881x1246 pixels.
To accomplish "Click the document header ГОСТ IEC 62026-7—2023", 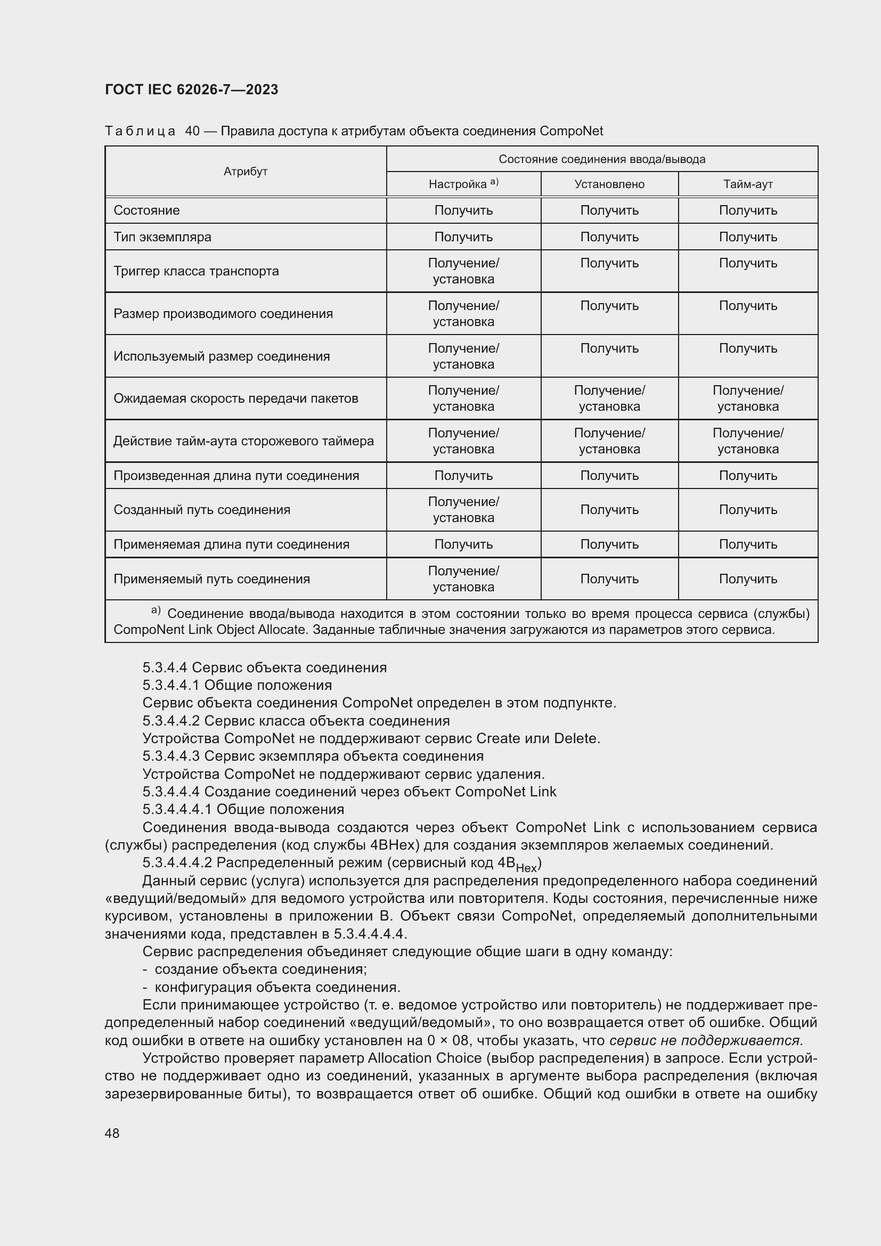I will click(x=191, y=89).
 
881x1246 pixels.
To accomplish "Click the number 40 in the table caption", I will click(x=192, y=131).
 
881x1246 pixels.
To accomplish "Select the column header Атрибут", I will click(x=245, y=172).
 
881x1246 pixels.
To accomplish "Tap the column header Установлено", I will click(x=609, y=184).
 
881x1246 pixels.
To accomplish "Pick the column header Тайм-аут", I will click(x=747, y=184).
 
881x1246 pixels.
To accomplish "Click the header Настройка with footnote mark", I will click(x=463, y=184).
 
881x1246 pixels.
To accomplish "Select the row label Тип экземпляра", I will click(x=162, y=237).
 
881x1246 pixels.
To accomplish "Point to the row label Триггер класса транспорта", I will click(x=196, y=271).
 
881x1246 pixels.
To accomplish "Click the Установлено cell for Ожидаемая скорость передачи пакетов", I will click(x=609, y=398).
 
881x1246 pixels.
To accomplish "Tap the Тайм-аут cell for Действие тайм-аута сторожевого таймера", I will click(x=747, y=441).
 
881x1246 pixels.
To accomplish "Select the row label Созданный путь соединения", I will click(x=202, y=510).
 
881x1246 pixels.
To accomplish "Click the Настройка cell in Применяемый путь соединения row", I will click(x=463, y=579).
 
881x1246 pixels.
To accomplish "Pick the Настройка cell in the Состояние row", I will click(x=463, y=210).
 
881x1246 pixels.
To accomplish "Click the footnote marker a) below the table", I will click(x=156, y=611).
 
